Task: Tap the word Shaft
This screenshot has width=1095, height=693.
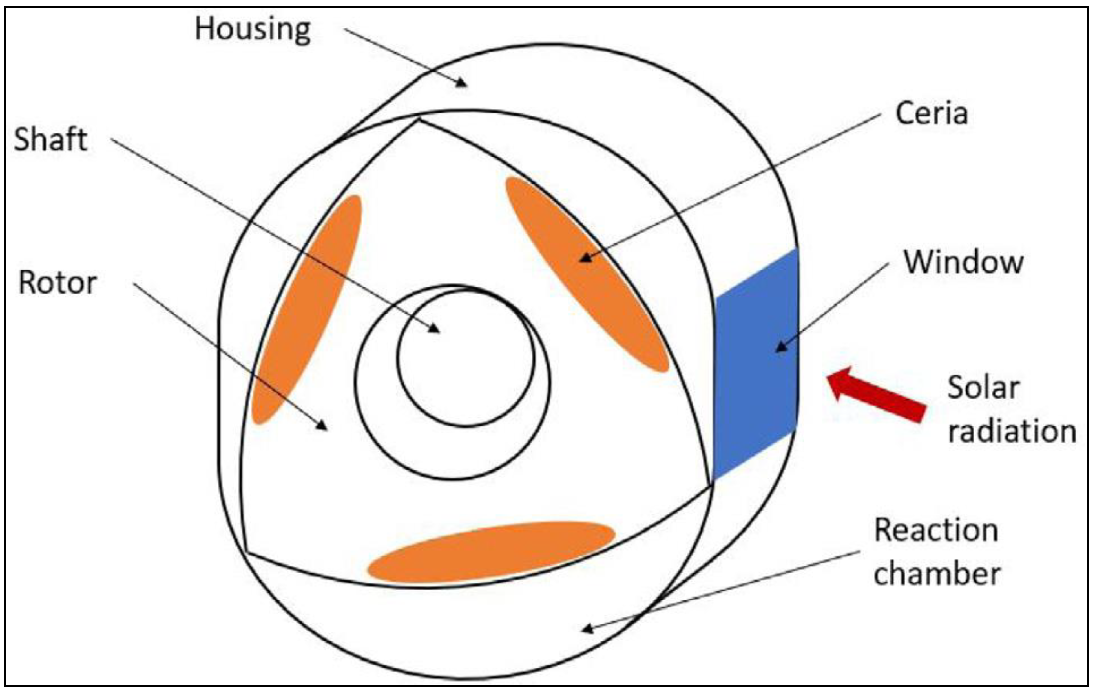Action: pos(50,139)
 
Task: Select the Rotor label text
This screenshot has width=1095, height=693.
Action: pos(58,283)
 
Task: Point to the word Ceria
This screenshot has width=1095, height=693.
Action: pos(931,113)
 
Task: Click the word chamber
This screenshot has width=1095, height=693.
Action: pos(937,574)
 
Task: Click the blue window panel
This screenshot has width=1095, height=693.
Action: pos(756,364)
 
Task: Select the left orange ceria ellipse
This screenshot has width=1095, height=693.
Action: pos(306,309)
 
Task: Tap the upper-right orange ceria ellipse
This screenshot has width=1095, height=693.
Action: pos(587,273)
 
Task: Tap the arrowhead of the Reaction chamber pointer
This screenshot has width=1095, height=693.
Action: pos(587,629)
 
